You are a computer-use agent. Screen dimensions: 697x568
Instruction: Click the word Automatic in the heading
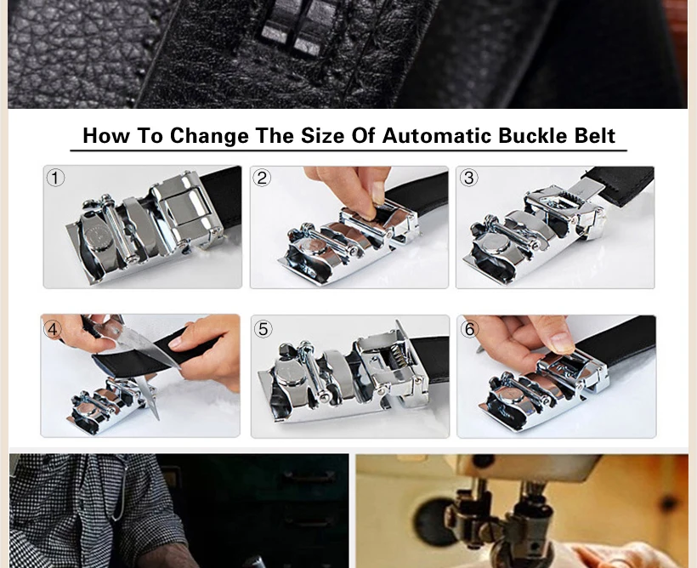click(x=437, y=136)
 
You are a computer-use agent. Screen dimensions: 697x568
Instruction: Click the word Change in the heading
click(x=209, y=136)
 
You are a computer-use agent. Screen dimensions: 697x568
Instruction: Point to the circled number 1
click(x=55, y=178)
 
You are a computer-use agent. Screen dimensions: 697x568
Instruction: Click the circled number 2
click(x=262, y=178)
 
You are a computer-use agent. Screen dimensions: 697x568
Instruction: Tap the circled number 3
click(x=468, y=178)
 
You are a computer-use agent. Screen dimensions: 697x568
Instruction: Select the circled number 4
click(x=53, y=330)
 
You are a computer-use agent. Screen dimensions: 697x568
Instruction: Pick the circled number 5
click(x=263, y=329)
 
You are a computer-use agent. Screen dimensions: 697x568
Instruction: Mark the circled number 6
click(x=469, y=329)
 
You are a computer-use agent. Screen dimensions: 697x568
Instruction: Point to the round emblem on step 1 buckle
click(x=99, y=236)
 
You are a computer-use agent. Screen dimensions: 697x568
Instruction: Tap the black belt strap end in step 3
click(x=620, y=186)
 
